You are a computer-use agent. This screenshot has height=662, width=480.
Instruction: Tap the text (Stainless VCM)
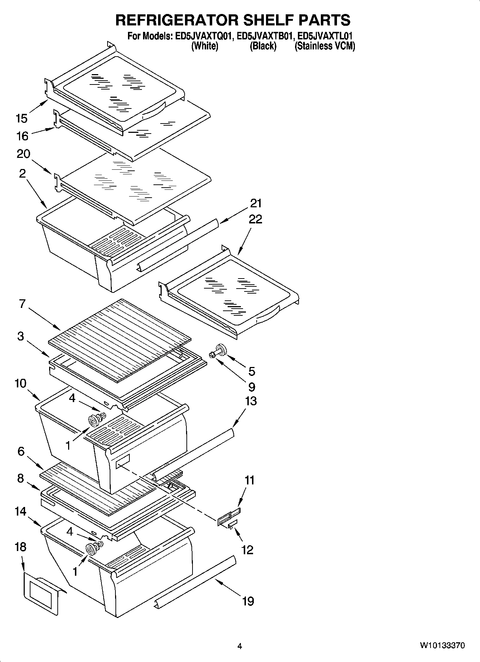point(324,46)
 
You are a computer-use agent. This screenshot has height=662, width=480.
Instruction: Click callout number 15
point(22,118)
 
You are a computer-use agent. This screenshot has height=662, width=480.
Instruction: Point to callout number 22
point(255,219)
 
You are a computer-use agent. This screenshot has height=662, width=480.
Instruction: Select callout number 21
point(256,203)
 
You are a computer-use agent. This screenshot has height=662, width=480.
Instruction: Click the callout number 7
point(22,304)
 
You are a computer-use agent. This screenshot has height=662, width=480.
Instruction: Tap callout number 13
point(251,401)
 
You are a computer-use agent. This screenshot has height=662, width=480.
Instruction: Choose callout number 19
point(248,601)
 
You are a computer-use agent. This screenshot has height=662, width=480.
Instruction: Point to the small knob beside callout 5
point(219,350)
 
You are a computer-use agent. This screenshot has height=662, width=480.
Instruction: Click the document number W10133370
point(442,646)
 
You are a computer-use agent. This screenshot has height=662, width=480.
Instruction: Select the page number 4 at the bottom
point(239,646)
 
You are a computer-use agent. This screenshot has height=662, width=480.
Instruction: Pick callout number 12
point(247,550)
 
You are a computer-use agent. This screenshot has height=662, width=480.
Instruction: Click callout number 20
point(24,154)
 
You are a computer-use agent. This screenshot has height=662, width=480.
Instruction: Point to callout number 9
point(252,387)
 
